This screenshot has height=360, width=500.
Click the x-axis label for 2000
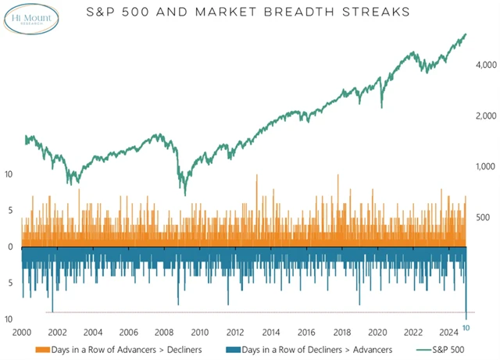pyautogui.click(x=21, y=331)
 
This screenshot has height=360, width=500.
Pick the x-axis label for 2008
pyautogui.click(x=163, y=331)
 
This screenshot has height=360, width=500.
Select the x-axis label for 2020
pyautogui.click(x=377, y=331)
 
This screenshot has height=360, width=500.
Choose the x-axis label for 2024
pyautogui.click(x=449, y=331)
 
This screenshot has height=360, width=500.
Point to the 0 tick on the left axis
pyautogui.click(x=10, y=247)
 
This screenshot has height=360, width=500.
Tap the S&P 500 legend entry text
pyautogui.click(x=455, y=349)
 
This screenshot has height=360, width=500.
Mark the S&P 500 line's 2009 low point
pyautogui.click(x=184, y=193)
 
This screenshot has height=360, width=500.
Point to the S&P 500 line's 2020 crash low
pyautogui.click(x=381, y=106)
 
